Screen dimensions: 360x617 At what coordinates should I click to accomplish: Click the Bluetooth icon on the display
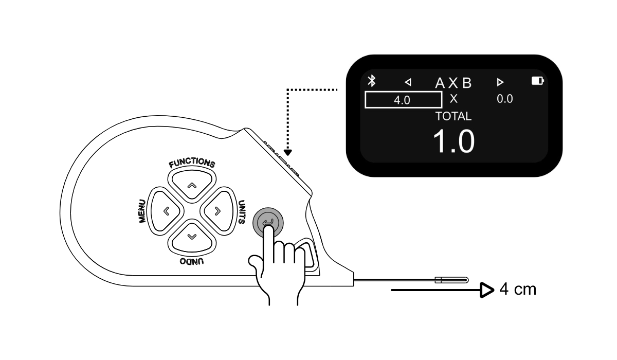(371, 81)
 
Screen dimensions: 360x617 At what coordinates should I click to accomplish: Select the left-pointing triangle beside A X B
(408, 82)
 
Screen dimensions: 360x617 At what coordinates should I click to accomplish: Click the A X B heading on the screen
(453, 82)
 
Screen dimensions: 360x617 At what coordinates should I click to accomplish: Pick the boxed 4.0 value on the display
(403, 100)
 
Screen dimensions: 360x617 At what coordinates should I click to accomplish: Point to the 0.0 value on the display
(505, 99)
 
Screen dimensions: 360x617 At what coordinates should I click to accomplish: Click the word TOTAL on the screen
(453, 116)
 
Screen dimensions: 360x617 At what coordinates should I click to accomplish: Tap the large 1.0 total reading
(453, 141)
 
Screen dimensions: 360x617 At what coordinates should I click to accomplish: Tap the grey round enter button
(268, 223)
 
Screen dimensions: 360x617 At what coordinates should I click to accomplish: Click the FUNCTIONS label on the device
(192, 163)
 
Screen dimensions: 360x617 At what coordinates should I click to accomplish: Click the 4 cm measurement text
(518, 290)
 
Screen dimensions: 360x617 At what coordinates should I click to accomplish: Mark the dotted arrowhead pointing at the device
(288, 152)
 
